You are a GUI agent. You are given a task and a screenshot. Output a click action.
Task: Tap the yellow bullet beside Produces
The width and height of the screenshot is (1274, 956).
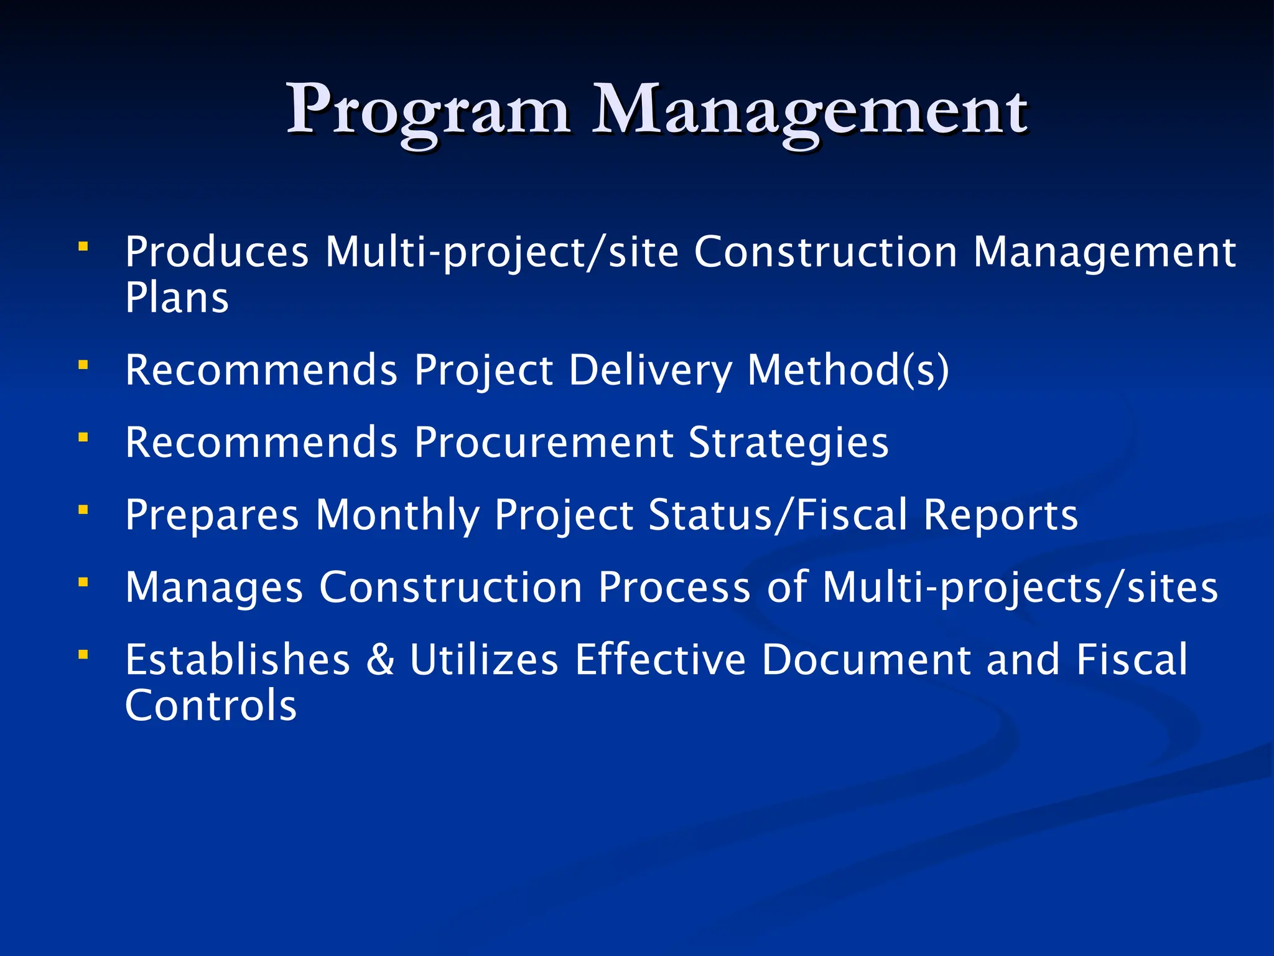(x=83, y=246)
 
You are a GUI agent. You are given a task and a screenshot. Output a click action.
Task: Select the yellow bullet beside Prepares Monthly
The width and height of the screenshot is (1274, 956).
(x=83, y=510)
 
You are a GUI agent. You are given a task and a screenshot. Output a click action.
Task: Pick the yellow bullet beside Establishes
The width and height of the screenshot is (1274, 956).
(x=83, y=654)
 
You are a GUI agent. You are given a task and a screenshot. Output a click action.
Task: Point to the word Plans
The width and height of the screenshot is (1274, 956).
(x=177, y=298)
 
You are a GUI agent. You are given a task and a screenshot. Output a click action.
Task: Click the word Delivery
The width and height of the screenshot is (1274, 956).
(x=650, y=370)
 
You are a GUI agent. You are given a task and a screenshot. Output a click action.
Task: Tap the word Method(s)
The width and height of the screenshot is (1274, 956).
(x=848, y=370)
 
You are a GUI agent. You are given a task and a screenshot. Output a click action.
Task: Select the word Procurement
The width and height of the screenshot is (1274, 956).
(x=544, y=443)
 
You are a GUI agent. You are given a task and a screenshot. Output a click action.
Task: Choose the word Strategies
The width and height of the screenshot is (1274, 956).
(x=789, y=443)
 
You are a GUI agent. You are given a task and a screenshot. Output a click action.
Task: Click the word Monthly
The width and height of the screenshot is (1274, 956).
(x=398, y=515)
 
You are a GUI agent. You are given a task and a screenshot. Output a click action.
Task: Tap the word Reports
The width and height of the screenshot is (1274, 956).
(x=1000, y=515)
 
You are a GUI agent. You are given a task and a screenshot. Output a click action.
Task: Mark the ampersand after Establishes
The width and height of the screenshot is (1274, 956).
(x=380, y=660)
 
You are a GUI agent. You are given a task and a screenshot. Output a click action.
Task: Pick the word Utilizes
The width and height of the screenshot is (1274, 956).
(x=484, y=660)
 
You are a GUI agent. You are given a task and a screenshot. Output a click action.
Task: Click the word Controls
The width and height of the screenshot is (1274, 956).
(x=211, y=706)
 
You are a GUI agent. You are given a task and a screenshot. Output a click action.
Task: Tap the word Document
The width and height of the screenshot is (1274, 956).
(x=866, y=660)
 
